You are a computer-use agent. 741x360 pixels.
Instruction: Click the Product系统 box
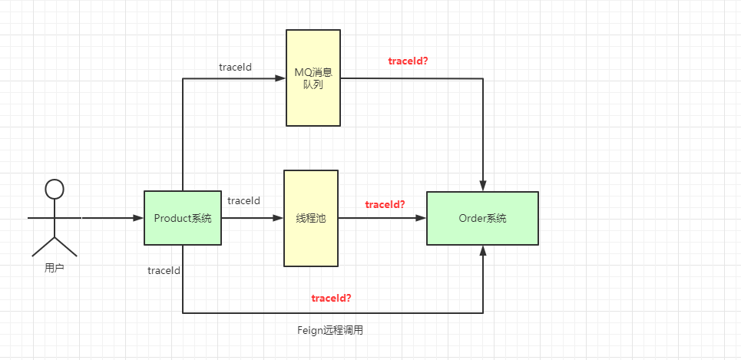[x=182, y=218]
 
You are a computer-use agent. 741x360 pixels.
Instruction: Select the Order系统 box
[x=482, y=218]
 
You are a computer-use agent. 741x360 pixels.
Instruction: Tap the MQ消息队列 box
[x=313, y=78]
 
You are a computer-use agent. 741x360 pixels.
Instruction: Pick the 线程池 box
[x=311, y=218]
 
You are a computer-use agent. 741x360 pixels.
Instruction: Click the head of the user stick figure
[x=54, y=188]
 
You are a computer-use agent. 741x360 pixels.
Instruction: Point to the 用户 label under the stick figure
[x=54, y=269]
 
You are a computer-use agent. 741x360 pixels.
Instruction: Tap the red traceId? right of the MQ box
[x=408, y=60]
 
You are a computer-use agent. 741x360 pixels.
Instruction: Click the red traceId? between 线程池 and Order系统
[x=385, y=204]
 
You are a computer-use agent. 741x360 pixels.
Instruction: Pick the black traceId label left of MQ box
[x=235, y=67]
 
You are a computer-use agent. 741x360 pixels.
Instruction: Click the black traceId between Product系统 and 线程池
[x=243, y=200]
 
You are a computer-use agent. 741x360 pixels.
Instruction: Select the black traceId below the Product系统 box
[x=164, y=270]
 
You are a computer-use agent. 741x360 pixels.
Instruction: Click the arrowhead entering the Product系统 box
[x=139, y=218]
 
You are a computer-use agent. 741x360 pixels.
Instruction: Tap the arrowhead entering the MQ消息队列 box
[x=281, y=78]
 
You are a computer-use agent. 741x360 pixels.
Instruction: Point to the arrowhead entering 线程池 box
[x=279, y=218]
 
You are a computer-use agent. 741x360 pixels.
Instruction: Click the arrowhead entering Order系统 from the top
[x=483, y=187]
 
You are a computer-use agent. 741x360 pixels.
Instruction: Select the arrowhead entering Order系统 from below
[x=483, y=250]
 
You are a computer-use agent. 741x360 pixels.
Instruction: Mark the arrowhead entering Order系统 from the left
[x=422, y=218]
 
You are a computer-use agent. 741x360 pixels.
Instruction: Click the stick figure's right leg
[x=67, y=247]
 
